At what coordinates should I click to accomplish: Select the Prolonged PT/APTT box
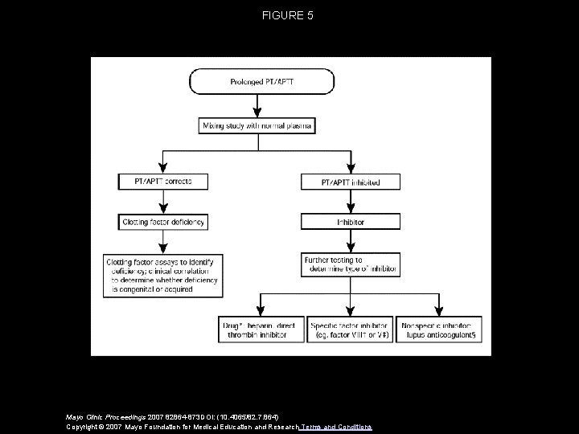tap(261, 81)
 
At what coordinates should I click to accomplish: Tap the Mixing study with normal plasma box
tap(257, 125)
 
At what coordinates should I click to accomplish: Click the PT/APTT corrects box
tap(163, 182)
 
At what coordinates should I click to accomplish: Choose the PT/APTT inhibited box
tap(351, 182)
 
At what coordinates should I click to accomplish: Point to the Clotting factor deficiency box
tap(163, 220)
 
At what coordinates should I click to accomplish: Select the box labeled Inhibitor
tap(351, 220)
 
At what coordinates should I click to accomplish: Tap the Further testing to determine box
tap(351, 265)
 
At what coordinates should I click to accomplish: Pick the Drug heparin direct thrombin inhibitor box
tap(259, 330)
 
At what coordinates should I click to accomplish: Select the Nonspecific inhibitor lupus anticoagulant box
tap(441, 330)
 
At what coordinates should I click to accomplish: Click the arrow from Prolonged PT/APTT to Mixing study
tap(257, 105)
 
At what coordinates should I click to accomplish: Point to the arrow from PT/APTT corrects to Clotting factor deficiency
tap(163, 202)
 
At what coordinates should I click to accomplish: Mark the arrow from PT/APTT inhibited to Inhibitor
tap(351, 202)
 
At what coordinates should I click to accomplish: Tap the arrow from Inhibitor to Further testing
tap(351, 240)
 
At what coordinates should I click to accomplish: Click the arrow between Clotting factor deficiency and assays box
tap(163, 242)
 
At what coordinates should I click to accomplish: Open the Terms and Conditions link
tap(336, 426)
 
